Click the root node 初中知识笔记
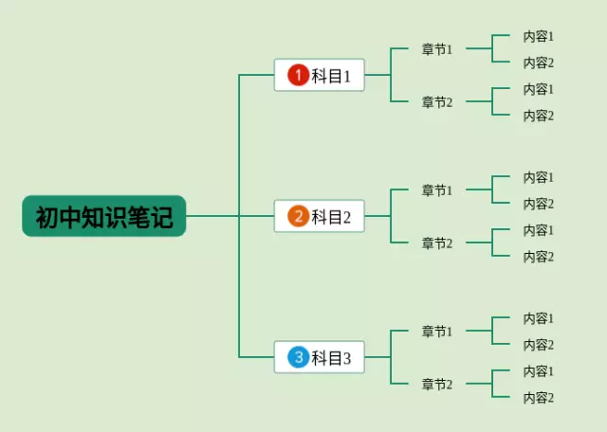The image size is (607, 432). pos(104,217)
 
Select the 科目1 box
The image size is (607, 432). pos(319,76)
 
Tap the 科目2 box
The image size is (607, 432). pos(319,217)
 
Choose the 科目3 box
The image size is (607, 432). pos(319,358)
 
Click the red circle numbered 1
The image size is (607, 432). pos(298,76)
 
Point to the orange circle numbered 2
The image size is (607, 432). pos(298,217)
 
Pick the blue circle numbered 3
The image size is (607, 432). pos(298,358)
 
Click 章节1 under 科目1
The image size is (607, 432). pos(437,49)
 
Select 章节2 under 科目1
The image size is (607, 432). pos(437,102)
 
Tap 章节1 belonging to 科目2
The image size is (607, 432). pos(437,190)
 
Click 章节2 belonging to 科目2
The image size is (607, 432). pos(437,243)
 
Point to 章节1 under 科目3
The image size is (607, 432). pos(437,332)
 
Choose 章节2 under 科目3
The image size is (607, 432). pos(437,385)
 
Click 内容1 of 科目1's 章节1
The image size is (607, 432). pos(538,36)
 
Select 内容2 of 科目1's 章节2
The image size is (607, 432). pos(538,116)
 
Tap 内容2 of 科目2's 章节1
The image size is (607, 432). pos(538,204)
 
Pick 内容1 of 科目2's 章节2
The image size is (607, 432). pos(538,230)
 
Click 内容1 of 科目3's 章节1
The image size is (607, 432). pos(538,318)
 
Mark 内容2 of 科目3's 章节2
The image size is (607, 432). pos(538,398)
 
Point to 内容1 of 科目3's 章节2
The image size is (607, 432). pos(538,371)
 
